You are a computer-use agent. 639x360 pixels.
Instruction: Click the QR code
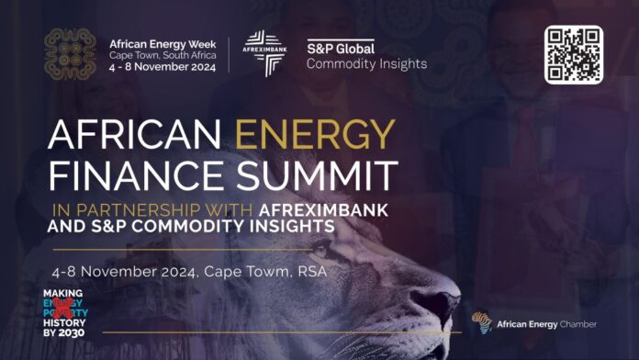[x=573, y=55]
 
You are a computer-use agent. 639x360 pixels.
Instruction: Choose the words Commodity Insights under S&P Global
[x=365, y=63]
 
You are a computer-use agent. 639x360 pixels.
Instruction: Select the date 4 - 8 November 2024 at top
[x=162, y=66]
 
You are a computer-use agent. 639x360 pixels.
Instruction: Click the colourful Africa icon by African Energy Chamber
[x=481, y=323]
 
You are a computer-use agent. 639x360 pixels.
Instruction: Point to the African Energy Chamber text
[x=546, y=324]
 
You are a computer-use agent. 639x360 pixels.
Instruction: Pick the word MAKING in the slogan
[x=64, y=294]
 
